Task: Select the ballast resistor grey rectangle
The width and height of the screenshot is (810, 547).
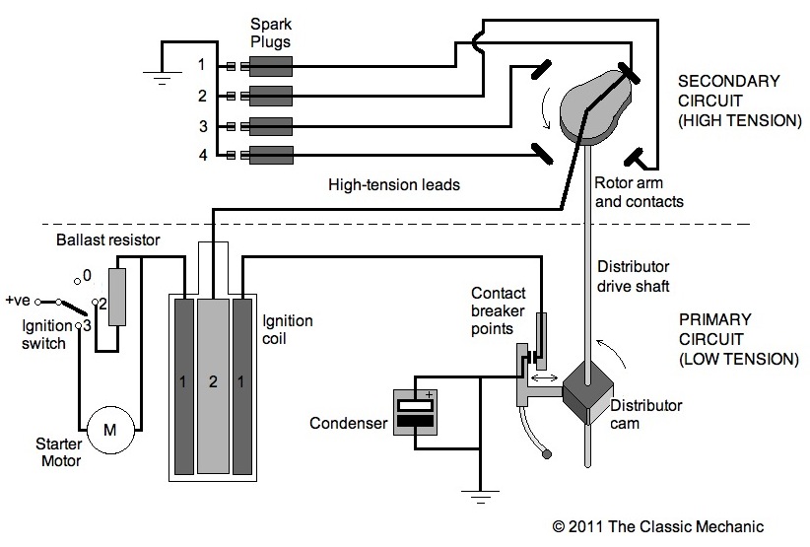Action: (116, 297)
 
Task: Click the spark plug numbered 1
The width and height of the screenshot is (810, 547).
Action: (270, 66)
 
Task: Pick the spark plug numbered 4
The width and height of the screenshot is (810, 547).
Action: (270, 155)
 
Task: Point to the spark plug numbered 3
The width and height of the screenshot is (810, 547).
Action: (270, 125)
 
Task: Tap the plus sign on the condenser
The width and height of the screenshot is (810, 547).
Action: (428, 393)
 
